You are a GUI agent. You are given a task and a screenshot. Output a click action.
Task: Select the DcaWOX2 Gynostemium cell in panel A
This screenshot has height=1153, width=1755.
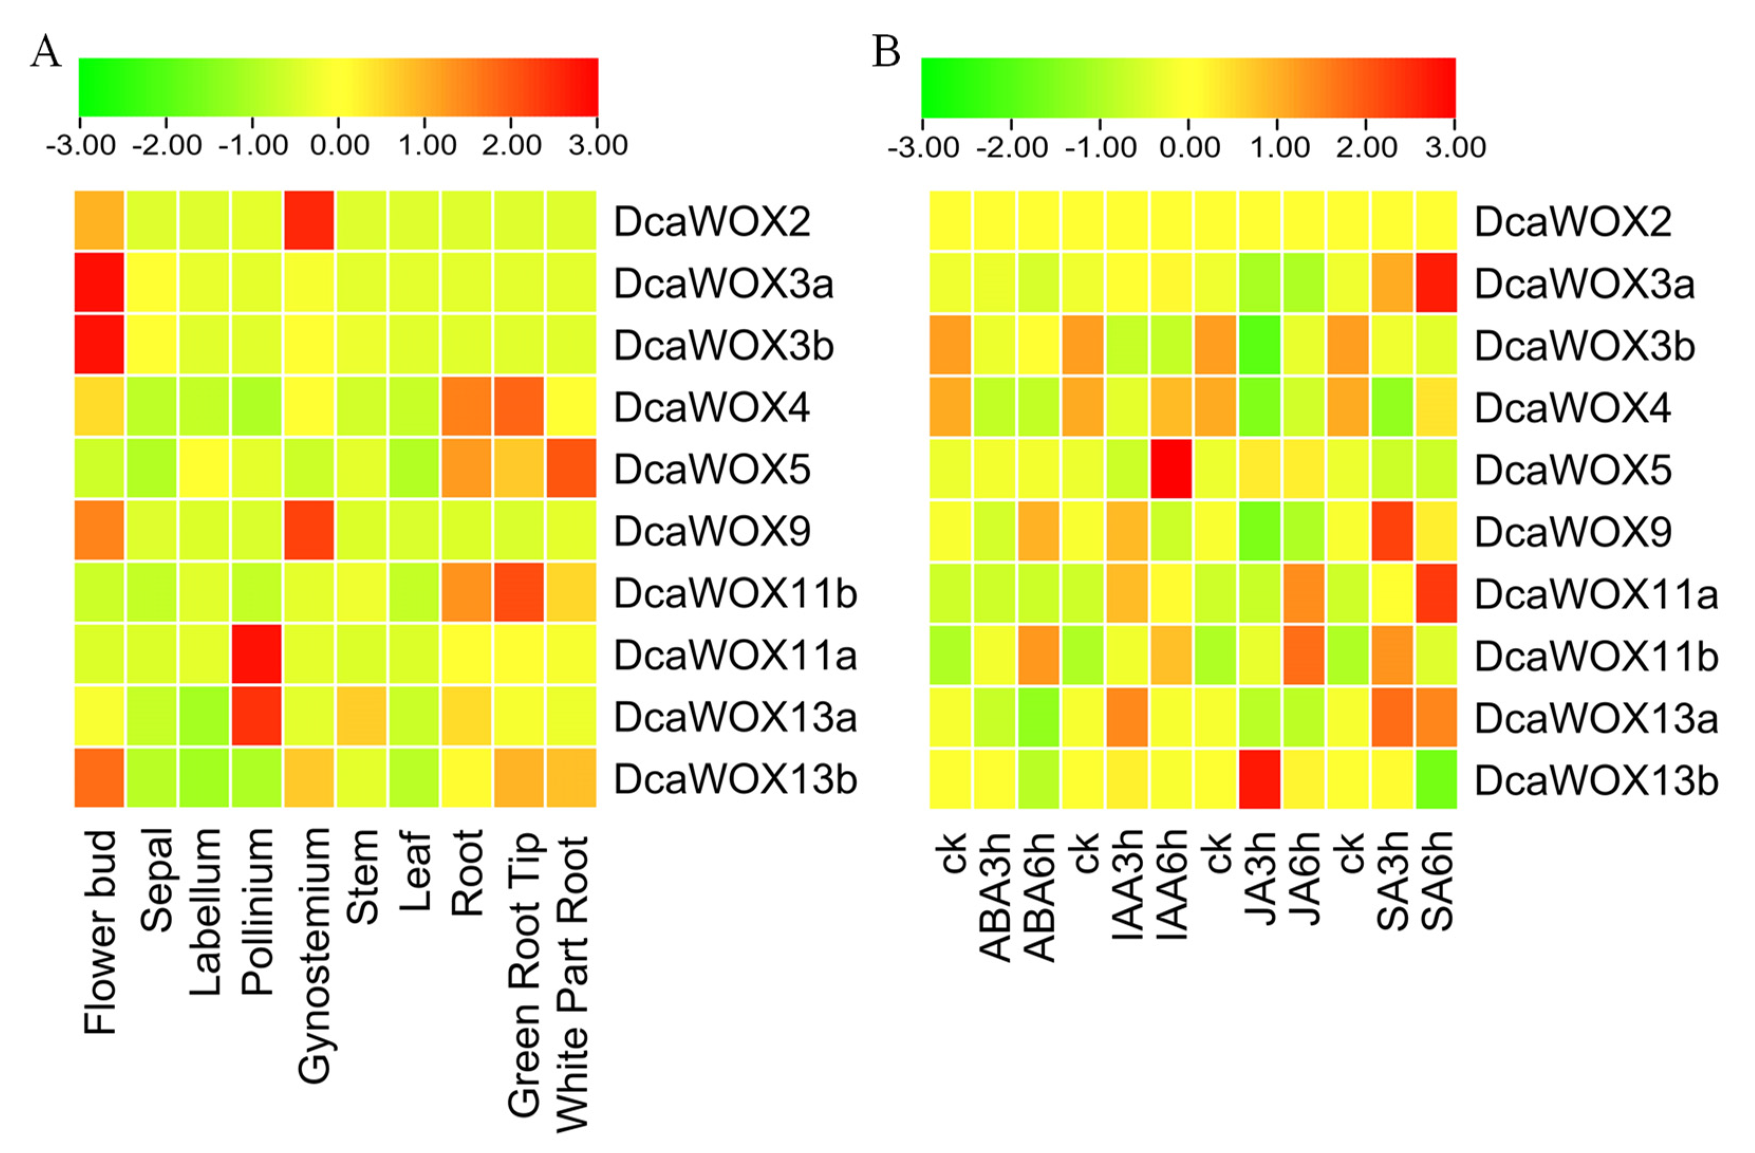(x=309, y=220)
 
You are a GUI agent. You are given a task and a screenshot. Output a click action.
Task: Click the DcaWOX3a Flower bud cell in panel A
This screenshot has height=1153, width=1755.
(x=99, y=283)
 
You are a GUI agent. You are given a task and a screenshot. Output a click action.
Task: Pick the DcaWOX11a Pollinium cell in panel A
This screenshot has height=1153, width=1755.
(x=257, y=654)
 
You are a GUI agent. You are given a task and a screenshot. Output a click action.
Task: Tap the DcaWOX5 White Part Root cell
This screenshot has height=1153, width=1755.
(x=571, y=468)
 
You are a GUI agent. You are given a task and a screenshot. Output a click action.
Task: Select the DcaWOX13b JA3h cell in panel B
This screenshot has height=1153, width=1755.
(x=1259, y=779)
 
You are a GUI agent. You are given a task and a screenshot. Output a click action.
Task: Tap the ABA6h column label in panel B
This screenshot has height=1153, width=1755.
(x=1040, y=896)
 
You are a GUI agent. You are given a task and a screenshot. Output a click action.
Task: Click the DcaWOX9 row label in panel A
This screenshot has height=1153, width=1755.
(x=712, y=531)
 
